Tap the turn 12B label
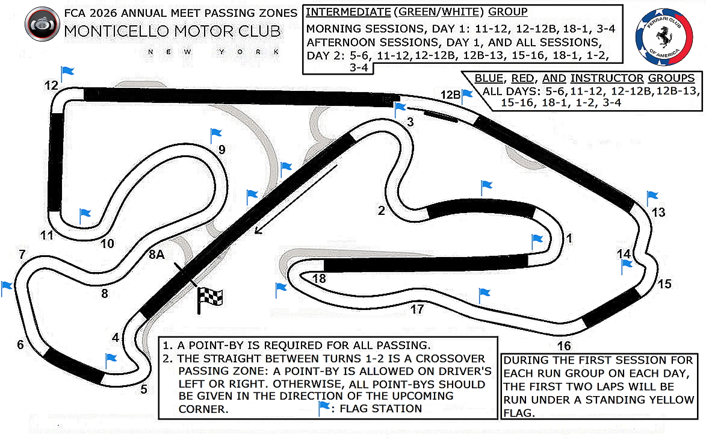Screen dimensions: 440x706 click(x=450, y=95)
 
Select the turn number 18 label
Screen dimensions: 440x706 click(x=319, y=279)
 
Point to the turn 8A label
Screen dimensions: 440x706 click(x=156, y=255)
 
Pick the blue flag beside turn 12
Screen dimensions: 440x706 click(x=67, y=73)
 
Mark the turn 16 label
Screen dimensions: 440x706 click(x=564, y=345)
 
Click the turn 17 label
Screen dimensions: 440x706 click(x=417, y=309)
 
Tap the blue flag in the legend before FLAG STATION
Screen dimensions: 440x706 click(x=324, y=408)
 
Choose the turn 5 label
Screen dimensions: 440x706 click(x=143, y=389)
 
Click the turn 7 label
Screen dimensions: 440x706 click(x=22, y=254)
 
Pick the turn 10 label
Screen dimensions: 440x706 click(x=107, y=244)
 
